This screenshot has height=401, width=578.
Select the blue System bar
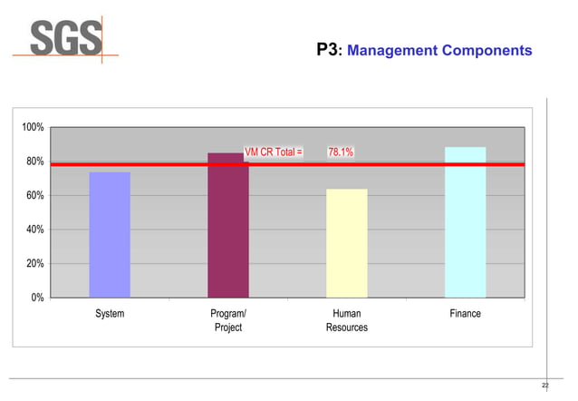click(x=110, y=235)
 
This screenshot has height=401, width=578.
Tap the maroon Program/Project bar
click(x=227, y=226)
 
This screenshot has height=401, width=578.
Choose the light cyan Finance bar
click(x=465, y=222)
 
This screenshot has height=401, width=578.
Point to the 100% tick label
click(x=33, y=127)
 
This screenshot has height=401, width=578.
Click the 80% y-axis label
click(x=34, y=161)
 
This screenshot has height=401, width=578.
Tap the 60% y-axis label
click(x=34, y=196)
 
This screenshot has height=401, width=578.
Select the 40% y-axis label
click(x=34, y=230)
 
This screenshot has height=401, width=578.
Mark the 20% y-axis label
click(x=34, y=264)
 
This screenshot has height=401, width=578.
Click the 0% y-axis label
click(x=37, y=298)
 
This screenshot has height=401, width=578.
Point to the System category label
click(x=110, y=314)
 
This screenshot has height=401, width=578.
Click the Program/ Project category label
click(x=228, y=320)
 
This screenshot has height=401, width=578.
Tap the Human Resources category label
click(x=347, y=320)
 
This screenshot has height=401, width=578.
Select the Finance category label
click(x=466, y=314)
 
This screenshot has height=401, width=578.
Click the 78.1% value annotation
click(x=341, y=152)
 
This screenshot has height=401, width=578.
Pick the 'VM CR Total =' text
click(x=274, y=152)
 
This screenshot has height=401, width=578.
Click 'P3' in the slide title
click(x=327, y=51)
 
